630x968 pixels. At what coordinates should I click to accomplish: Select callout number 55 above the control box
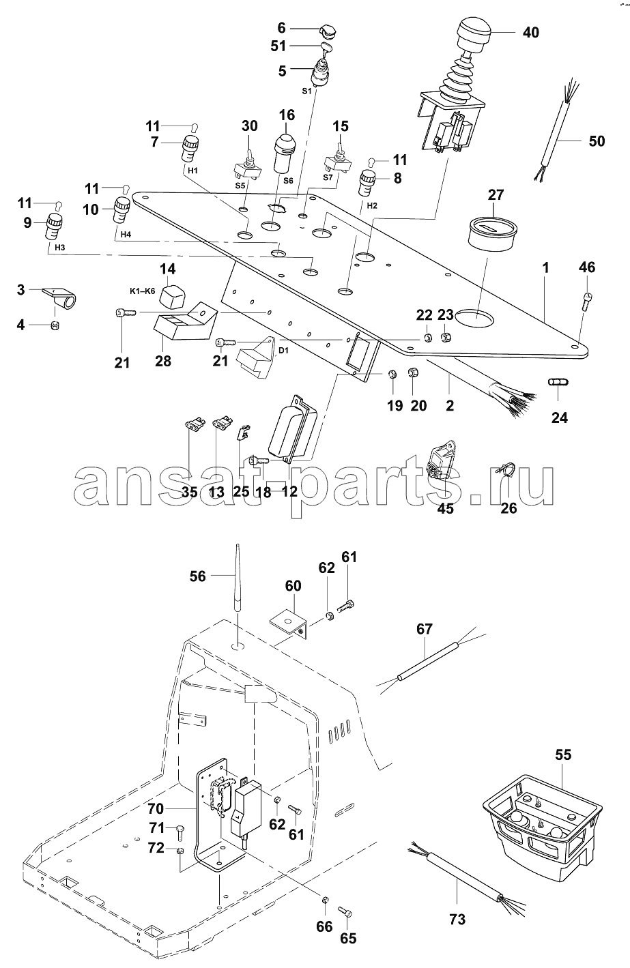coord(563,755)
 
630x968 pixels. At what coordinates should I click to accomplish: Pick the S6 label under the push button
coord(287,181)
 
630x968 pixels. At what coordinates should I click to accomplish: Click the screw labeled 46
coord(586,299)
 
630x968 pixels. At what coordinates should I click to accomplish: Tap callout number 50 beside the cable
coord(597,142)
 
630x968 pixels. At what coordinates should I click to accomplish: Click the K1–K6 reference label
coord(143,291)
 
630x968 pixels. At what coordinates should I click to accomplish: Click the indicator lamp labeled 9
coord(54,226)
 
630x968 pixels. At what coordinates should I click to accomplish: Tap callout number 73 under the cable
coord(457,920)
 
